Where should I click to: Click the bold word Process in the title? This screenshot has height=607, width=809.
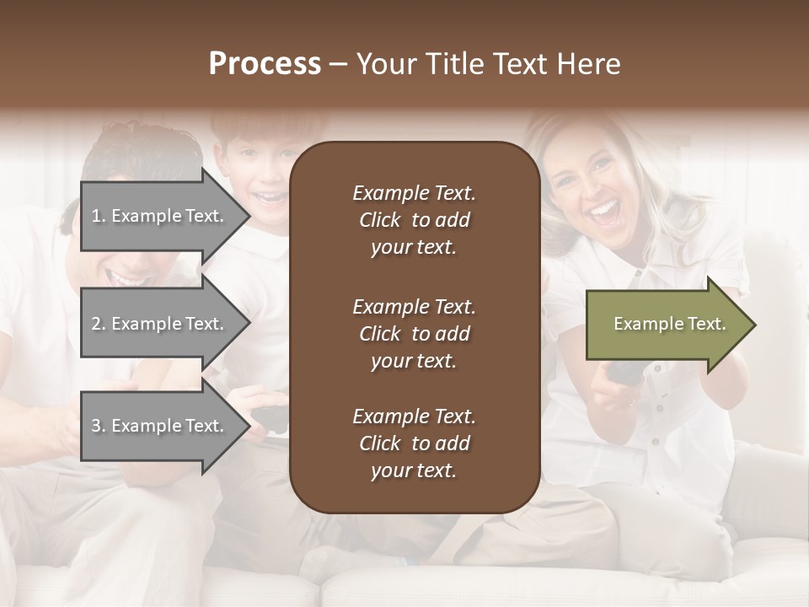pos(265,64)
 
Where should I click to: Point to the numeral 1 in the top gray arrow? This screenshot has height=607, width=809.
pos(96,216)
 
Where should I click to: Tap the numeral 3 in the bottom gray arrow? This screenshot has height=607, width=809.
pos(96,426)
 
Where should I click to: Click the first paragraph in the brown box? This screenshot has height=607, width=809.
pos(414,220)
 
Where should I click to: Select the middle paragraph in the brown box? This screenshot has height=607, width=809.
pos(414,334)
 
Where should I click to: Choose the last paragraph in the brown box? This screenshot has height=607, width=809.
pos(414,443)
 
